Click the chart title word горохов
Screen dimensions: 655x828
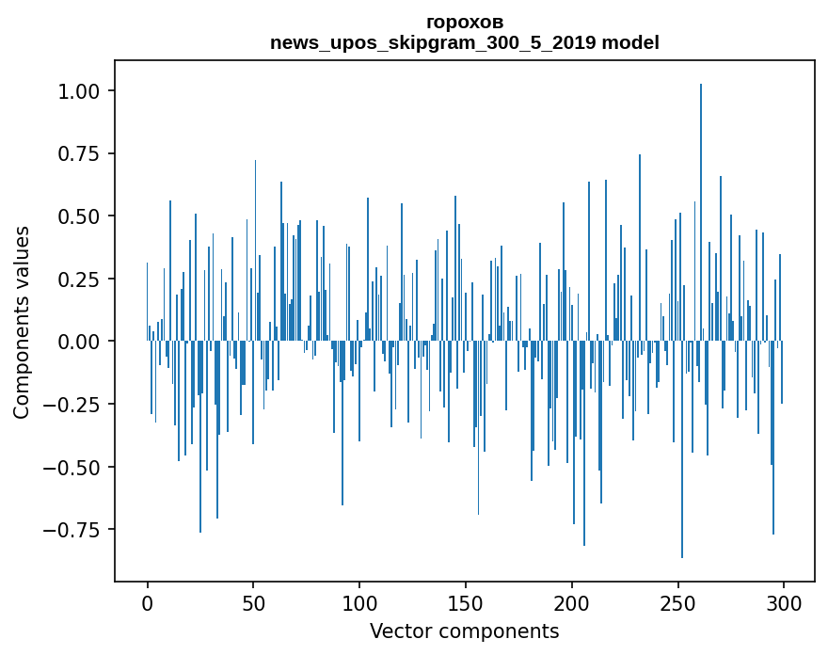pyautogui.click(x=464, y=22)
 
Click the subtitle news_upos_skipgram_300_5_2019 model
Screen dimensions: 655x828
pyautogui.click(x=464, y=42)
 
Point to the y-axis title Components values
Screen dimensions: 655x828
pyautogui.click(x=22, y=322)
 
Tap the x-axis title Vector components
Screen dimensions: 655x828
pyautogui.click(x=464, y=631)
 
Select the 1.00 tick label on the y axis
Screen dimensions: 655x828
pyautogui.click(x=84, y=90)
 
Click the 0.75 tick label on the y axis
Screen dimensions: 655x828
pyautogui.click(x=84, y=153)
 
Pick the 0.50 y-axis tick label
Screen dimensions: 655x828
pyautogui.click(x=84, y=216)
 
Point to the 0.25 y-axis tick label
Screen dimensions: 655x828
pyautogui.click(x=84, y=279)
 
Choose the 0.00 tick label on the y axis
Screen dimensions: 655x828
pyautogui.click(x=84, y=342)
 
